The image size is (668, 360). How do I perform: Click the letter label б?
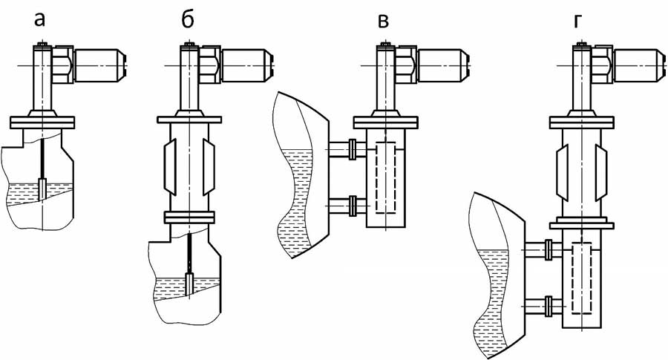coord(188,19)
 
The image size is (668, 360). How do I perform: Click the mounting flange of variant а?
coord(43,122)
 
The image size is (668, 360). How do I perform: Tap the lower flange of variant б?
coord(189,217)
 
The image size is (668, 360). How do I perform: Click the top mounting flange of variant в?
coord(385,122)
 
